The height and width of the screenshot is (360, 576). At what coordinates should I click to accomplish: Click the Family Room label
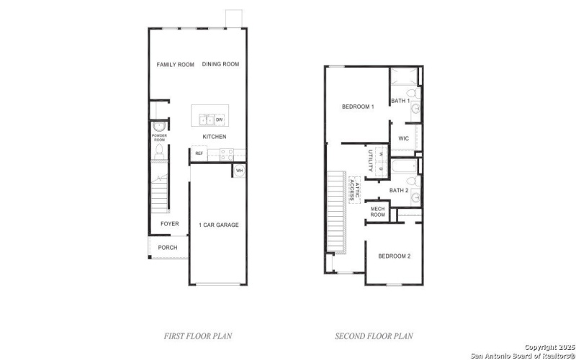click(x=176, y=65)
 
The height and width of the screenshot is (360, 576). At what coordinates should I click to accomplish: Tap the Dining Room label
click(x=220, y=65)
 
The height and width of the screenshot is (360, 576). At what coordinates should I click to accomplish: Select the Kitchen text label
click(x=214, y=137)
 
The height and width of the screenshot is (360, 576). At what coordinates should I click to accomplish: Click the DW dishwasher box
click(x=219, y=120)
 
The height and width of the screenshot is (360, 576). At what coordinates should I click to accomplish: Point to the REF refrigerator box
click(x=199, y=153)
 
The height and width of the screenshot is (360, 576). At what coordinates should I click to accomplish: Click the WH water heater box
click(x=238, y=171)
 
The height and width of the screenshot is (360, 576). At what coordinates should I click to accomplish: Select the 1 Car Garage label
click(x=218, y=225)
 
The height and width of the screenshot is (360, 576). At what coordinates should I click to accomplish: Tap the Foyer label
click(x=169, y=224)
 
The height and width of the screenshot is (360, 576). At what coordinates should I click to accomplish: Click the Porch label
click(x=168, y=248)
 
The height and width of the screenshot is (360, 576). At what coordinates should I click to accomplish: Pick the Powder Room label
click(x=159, y=137)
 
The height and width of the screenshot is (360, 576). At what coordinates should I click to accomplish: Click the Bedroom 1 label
click(x=358, y=107)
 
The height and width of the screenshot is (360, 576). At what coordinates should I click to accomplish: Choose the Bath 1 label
click(x=400, y=101)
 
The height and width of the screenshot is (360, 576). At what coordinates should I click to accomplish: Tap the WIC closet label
click(x=403, y=138)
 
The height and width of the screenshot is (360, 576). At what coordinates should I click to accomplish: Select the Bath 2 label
click(x=399, y=190)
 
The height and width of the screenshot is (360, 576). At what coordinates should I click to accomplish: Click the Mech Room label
click(x=378, y=211)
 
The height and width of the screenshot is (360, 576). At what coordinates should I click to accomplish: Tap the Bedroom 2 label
click(x=394, y=256)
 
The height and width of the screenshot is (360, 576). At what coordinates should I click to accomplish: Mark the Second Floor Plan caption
click(x=374, y=336)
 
